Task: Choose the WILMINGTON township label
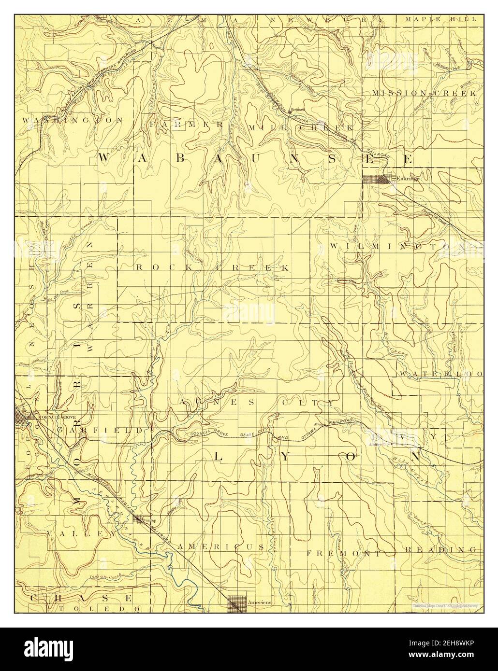coord(396,246)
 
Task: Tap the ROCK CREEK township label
coord(213,267)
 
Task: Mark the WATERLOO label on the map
coord(440,374)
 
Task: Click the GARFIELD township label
coord(100,429)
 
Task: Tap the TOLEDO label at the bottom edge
coord(99,609)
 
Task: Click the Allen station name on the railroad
coord(318,424)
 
